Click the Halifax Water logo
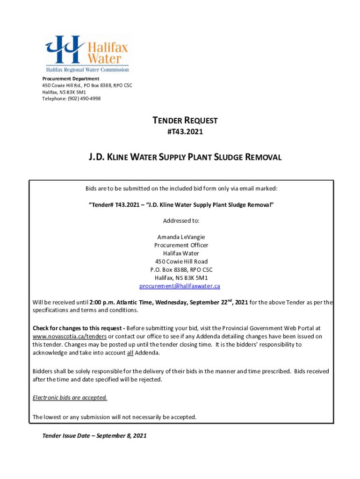point(87,53)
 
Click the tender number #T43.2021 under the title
point(185,132)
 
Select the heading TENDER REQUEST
point(185,121)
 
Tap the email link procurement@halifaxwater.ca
point(180,286)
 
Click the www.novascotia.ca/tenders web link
point(70,336)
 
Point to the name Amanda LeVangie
point(181,237)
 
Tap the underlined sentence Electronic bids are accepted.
point(70,398)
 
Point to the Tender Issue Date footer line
point(94,435)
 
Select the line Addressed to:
point(181,220)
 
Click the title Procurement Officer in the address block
point(181,245)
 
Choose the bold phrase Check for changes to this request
point(78,328)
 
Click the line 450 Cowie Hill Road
point(181,261)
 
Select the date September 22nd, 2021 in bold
point(219,302)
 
